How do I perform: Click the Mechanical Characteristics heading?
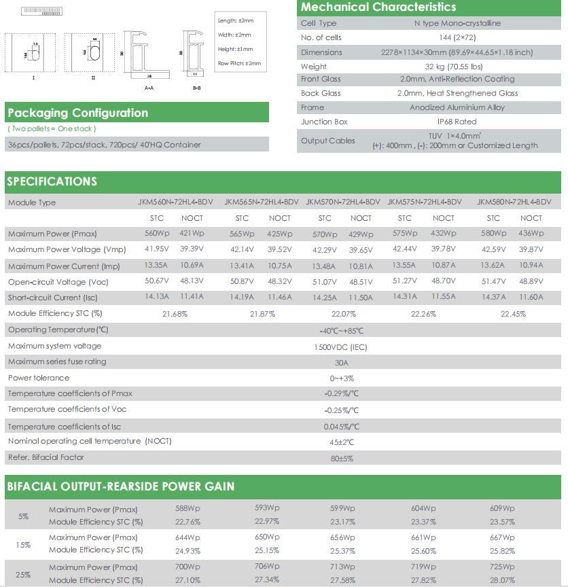378,7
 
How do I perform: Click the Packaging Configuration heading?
77,113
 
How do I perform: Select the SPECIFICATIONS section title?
52,181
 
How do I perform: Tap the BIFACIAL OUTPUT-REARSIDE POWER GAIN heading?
121,486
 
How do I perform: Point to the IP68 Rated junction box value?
457,122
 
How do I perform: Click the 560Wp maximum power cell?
157,234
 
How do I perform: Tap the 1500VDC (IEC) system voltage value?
341,346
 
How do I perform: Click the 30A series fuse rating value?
341,363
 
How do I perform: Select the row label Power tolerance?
39,378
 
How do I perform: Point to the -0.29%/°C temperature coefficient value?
341,394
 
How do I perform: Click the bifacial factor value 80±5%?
341,459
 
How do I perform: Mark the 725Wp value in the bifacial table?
502,567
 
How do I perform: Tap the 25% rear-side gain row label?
24,574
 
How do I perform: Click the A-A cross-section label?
149,88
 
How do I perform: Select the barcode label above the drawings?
41,12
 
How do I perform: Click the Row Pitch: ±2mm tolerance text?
239,63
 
